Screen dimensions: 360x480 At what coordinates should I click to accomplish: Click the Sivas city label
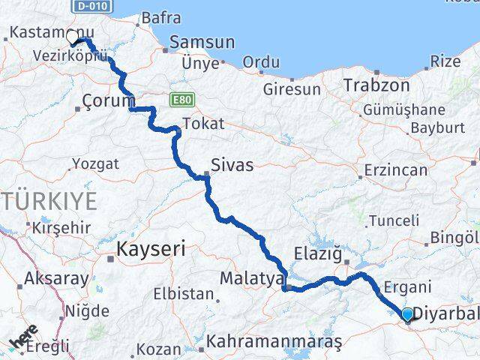click(x=232, y=165)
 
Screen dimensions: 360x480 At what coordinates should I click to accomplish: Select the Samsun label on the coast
click(x=197, y=42)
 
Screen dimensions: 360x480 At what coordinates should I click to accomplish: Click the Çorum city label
click(x=109, y=100)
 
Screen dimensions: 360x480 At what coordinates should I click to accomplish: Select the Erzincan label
click(x=395, y=170)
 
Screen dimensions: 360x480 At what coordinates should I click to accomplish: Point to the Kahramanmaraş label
click(x=274, y=341)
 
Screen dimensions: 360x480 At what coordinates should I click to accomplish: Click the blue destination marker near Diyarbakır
click(x=407, y=314)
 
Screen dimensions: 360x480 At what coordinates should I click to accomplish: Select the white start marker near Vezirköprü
click(x=73, y=36)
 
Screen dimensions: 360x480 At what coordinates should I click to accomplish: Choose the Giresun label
click(x=292, y=89)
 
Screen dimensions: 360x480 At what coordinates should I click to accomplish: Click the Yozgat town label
click(x=95, y=163)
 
